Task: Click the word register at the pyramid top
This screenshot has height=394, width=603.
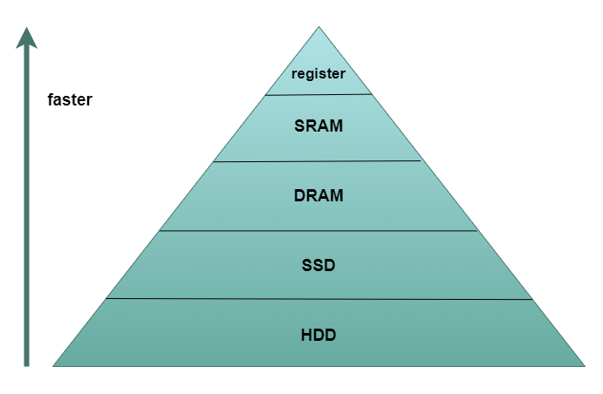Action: (319, 74)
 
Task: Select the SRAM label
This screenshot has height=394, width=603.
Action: (319, 126)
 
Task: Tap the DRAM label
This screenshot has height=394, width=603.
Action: (319, 195)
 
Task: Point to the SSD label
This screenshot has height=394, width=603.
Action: (319, 265)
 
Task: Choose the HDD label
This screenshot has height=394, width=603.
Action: (319, 334)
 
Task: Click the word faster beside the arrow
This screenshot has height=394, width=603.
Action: (70, 100)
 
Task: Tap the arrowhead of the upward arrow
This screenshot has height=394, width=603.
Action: (27, 37)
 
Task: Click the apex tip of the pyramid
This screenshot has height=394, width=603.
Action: (319, 27)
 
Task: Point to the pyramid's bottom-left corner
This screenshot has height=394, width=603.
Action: (54, 365)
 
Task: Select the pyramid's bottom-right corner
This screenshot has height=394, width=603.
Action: (585, 365)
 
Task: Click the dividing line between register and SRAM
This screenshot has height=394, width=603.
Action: (319, 94)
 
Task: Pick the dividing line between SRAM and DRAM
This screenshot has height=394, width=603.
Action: (319, 161)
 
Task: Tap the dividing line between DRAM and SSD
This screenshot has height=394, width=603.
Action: (319, 231)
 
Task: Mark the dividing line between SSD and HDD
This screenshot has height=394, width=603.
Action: (319, 299)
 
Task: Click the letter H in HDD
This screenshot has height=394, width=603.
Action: (306, 334)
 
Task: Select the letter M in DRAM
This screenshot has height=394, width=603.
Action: (337, 195)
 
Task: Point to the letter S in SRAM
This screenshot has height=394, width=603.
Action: (299, 126)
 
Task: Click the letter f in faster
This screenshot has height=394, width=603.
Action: (50, 100)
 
